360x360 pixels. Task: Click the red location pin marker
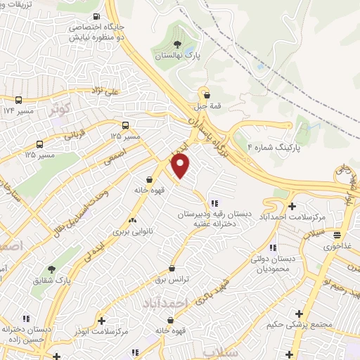click(181, 165)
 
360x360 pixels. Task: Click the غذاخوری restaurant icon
click(338, 235)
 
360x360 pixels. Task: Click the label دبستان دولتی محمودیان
click(274, 264)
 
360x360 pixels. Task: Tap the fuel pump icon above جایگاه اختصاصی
click(96, 16)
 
